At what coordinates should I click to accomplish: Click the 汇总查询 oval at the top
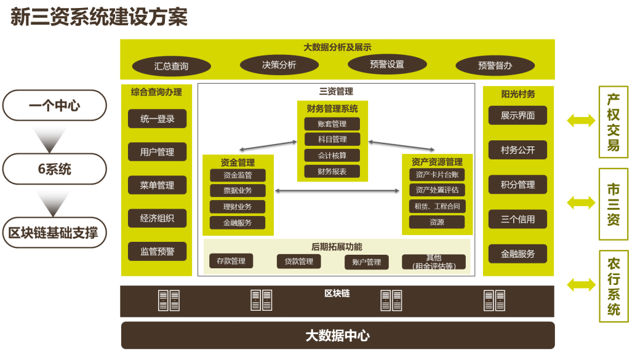(171, 66)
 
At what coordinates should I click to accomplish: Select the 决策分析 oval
(279, 65)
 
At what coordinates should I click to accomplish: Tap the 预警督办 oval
(495, 66)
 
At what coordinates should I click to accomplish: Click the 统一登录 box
(157, 119)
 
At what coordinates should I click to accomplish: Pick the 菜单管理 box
(157, 185)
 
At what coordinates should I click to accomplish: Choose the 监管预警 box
(157, 251)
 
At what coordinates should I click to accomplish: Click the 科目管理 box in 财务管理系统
(332, 139)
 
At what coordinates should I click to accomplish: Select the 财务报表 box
(332, 171)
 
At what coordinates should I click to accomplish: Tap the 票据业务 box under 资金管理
(238, 190)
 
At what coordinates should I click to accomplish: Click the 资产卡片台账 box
(437, 175)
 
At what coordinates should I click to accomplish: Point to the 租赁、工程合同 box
(437, 206)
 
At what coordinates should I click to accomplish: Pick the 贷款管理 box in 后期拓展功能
(299, 261)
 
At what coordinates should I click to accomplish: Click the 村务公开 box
(517, 150)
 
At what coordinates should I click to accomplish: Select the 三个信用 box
(517, 219)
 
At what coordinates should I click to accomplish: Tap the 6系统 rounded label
(55, 169)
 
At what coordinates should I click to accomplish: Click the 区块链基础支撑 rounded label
(55, 233)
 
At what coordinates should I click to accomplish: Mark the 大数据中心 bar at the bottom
(338, 335)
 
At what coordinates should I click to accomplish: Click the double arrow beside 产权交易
(581, 120)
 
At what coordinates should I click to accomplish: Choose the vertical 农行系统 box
(613, 286)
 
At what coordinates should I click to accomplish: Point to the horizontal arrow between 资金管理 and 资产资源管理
(337, 191)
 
